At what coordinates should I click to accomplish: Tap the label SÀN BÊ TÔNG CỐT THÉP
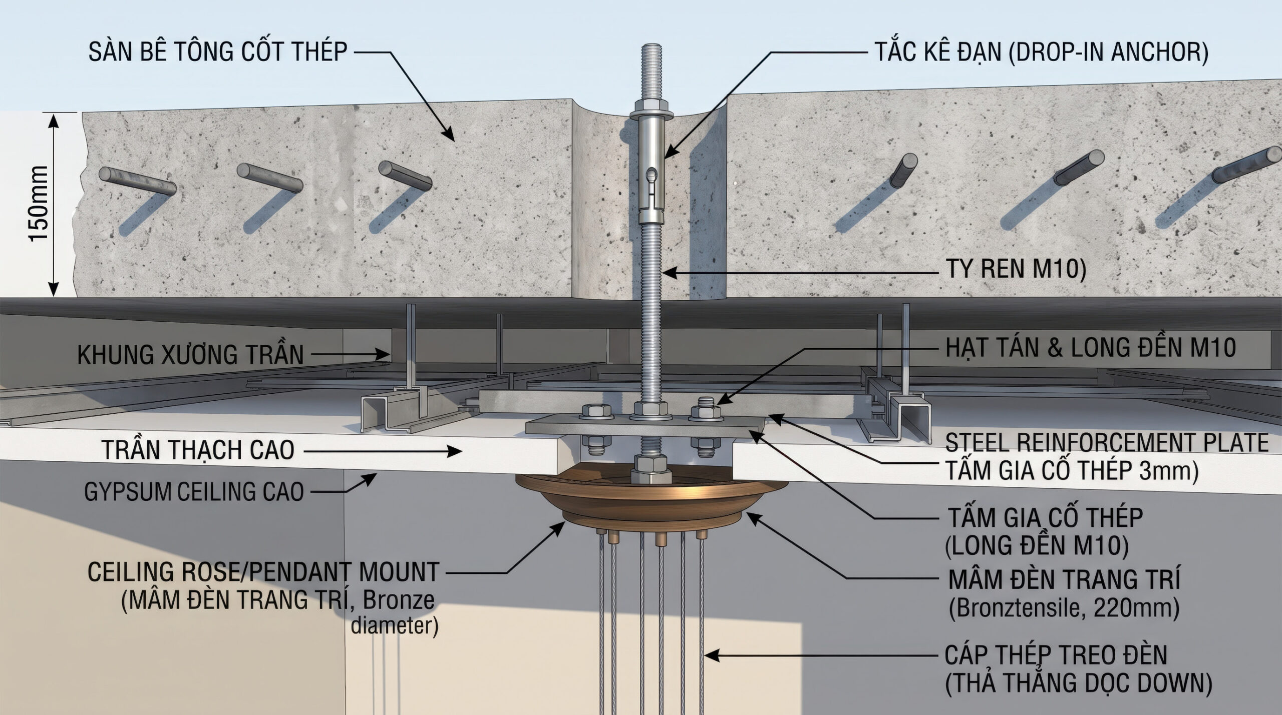218,52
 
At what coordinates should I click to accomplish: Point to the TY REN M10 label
1016,269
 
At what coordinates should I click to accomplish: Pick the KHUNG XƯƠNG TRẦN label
191,355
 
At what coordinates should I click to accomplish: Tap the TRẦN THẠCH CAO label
198,450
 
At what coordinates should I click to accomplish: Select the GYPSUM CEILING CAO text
194,492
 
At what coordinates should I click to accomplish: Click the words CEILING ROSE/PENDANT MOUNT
263,572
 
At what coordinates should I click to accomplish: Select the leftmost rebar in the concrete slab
137,181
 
